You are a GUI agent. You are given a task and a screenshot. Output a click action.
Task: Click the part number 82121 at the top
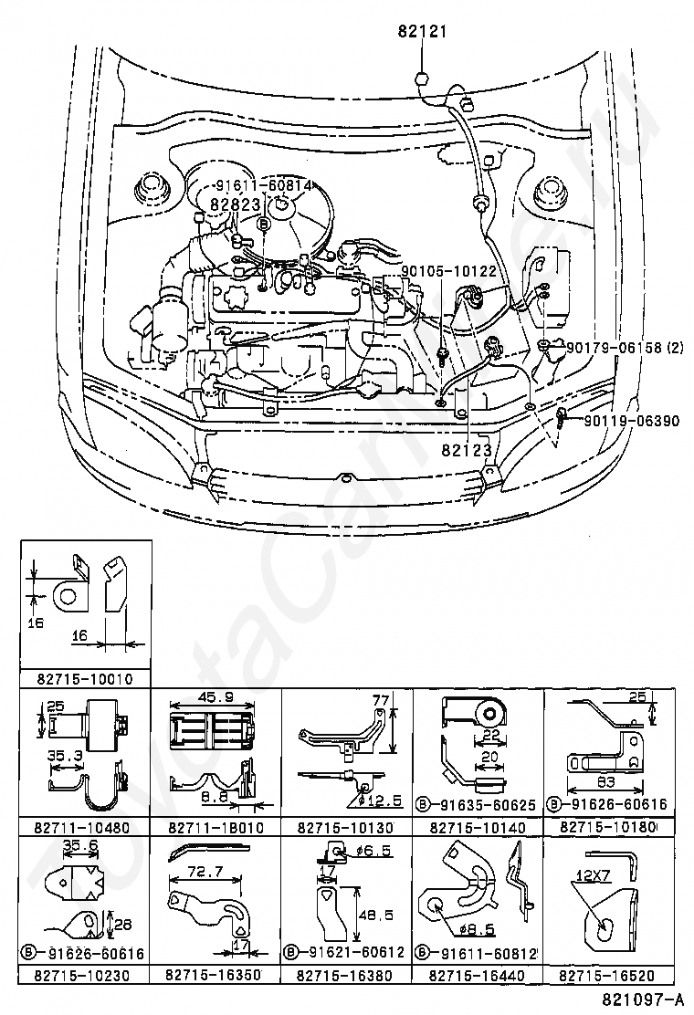click(x=421, y=32)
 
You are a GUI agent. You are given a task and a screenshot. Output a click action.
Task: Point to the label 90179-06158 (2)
click(x=625, y=347)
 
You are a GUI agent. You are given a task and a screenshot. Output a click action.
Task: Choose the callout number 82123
click(x=467, y=450)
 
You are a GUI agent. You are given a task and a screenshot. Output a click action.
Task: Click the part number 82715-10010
click(x=85, y=679)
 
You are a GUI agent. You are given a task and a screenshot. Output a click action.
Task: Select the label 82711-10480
click(x=85, y=829)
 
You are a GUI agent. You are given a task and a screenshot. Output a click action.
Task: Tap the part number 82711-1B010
click(x=216, y=829)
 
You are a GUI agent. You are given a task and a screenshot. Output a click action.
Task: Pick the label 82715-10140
click(x=479, y=829)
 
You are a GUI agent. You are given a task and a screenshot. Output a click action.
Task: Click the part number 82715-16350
click(x=216, y=975)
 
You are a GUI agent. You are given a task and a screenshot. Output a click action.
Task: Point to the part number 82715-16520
click(x=609, y=975)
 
